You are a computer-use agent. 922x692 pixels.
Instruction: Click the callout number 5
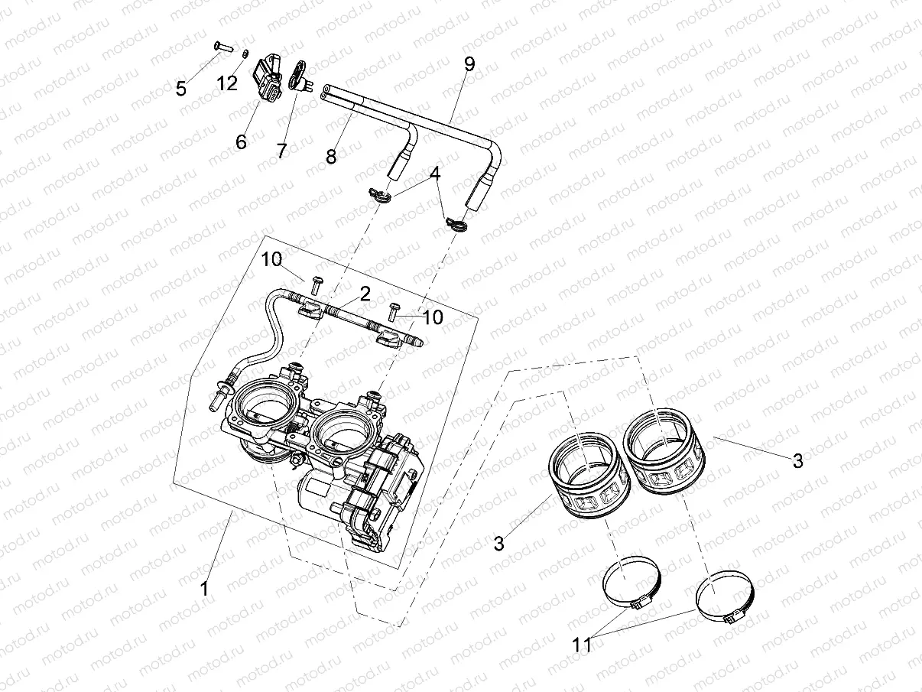181,89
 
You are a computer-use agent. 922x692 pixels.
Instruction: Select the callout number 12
227,83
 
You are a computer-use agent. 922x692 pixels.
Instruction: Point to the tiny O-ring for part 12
245,54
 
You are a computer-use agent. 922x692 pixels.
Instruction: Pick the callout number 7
282,151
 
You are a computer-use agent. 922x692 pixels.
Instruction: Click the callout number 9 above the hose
469,64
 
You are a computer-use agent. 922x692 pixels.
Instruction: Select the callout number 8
331,157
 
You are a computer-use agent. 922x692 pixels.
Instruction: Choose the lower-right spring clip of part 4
457,224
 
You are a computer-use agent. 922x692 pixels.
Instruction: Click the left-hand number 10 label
271,259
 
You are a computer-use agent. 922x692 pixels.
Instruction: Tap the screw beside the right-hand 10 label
394,310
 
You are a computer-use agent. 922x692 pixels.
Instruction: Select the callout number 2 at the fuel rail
365,293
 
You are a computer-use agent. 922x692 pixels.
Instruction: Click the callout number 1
203,588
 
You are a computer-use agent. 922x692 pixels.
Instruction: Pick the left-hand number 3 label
498,544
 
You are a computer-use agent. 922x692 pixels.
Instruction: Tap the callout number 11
582,645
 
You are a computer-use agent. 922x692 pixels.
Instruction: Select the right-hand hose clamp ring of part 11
725,599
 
